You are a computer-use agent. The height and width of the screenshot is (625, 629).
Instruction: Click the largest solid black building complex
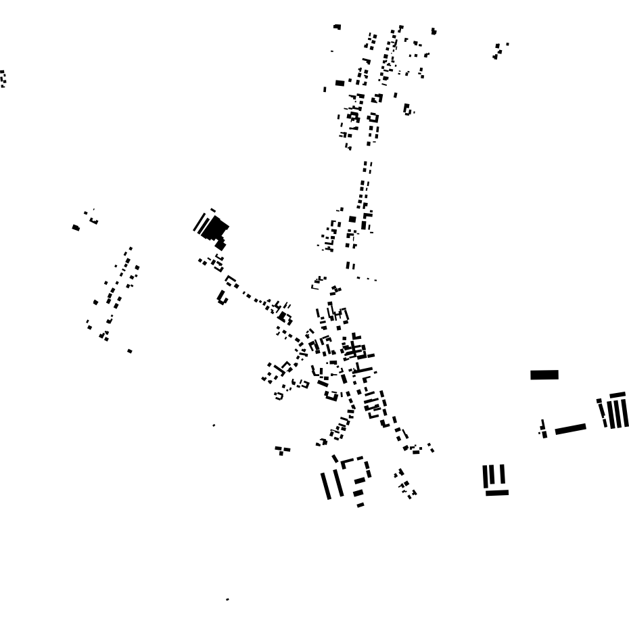click(215, 228)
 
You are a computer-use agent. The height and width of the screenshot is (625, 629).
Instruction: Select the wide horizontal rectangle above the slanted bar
click(544, 375)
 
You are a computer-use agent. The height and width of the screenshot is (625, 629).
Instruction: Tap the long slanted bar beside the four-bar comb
click(570, 428)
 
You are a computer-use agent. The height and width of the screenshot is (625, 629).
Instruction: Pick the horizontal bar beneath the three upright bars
click(496, 492)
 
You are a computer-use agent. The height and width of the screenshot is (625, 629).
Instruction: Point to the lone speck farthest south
click(227, 599)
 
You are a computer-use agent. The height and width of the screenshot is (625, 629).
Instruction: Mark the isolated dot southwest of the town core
click(214, 425)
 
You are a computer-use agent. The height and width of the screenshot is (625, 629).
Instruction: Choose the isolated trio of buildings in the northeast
click(499, 50)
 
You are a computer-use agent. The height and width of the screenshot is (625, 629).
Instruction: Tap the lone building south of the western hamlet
click(130, 351)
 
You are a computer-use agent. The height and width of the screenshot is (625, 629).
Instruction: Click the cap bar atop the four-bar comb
click(618, 395)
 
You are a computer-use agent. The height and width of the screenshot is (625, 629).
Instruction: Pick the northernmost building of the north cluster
click(337, 27)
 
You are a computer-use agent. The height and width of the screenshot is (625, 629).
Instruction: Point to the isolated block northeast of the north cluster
click(434, 31)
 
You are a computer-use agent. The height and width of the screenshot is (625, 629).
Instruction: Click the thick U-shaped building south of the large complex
click(222, 297)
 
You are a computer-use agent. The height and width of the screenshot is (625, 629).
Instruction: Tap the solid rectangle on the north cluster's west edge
click(340, 83)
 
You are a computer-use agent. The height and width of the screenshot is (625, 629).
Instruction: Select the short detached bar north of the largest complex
click(212, 210)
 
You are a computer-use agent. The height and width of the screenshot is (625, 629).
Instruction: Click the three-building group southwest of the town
click(282, 450)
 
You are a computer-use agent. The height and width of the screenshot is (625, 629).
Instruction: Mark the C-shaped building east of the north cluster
click(407, 109)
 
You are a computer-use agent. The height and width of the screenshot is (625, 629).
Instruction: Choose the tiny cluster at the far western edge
click(3, 78)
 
